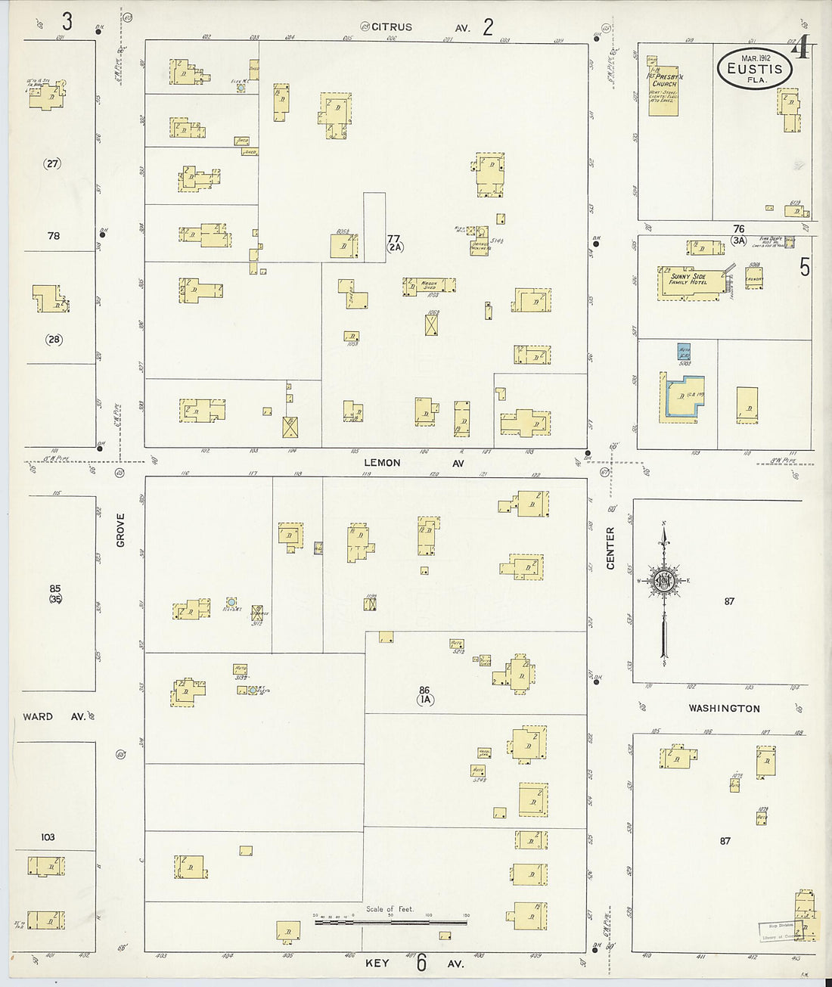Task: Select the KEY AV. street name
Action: point(414,963)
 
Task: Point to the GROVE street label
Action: point(121,529)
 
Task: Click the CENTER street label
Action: point(610,548)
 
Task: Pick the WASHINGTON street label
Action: point(724,709)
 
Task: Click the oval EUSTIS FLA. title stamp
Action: point(754,69)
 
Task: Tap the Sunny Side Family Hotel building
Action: point(689,283)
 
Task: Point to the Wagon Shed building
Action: point(429,285)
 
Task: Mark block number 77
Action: point(393,238)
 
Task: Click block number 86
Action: point(424,691)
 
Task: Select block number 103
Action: point(48,837)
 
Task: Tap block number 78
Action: point(53,236)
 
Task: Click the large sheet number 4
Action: point(800,50)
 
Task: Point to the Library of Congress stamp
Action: point(779,930)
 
